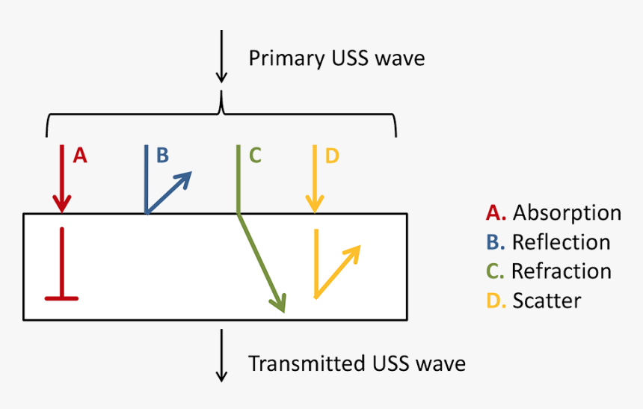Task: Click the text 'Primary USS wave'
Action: point(336,58)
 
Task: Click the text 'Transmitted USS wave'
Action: point(357,364)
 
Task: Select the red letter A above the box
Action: point(80,156)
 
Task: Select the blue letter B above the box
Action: point(162,156)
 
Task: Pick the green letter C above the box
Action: point(254,156)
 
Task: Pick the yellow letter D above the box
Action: point(332,156)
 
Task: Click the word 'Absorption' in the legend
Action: point(567,213)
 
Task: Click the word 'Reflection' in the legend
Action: point(561,242)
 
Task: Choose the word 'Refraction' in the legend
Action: point(562,271)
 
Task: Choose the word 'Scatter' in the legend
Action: point(547,300)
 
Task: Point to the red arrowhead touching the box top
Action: point(61,203)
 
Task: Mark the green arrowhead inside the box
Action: point(278,303)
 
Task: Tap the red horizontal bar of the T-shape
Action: point(61,298)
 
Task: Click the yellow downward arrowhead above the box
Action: point(315,203)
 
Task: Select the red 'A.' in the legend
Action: point(496,213)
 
